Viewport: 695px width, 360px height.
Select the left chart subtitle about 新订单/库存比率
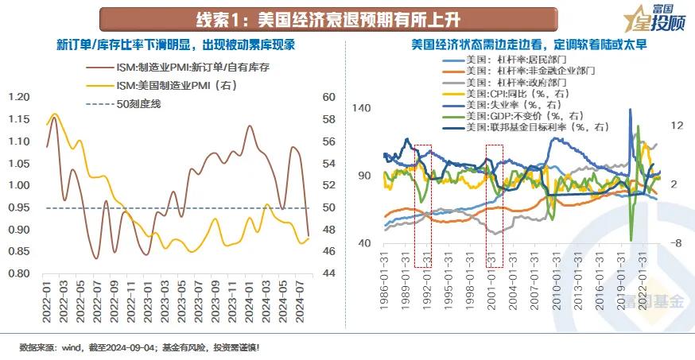[176, 45]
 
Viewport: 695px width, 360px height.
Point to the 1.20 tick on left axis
[19, 97]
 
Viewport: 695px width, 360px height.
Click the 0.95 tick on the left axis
[19, 207]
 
